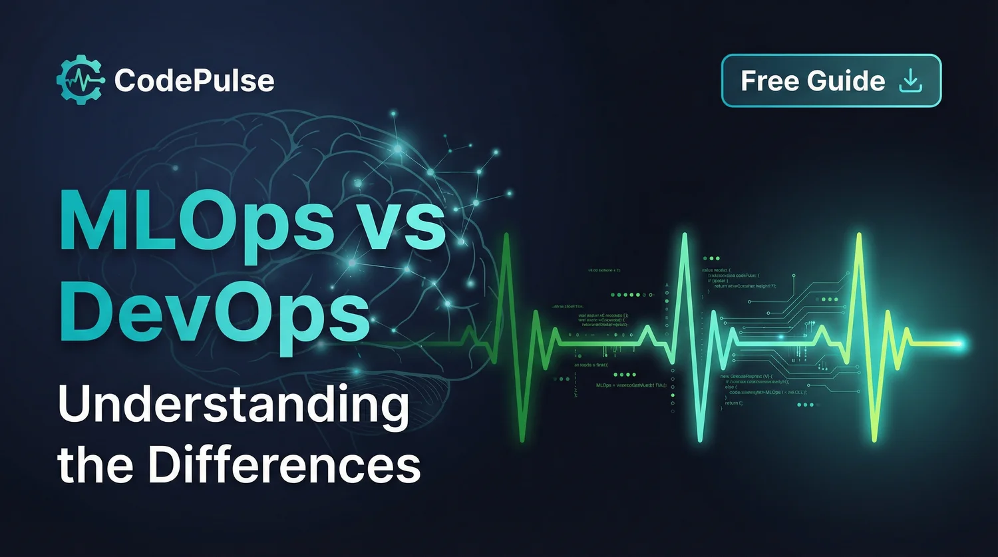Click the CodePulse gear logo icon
[80, 81]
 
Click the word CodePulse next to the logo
[194, 81]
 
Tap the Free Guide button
[831, 81]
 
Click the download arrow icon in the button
[910, 81]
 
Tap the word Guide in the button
[846, 81]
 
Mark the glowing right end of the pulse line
[959, 343]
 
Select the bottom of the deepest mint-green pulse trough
[699, 439]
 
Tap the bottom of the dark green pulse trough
[523, 439]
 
